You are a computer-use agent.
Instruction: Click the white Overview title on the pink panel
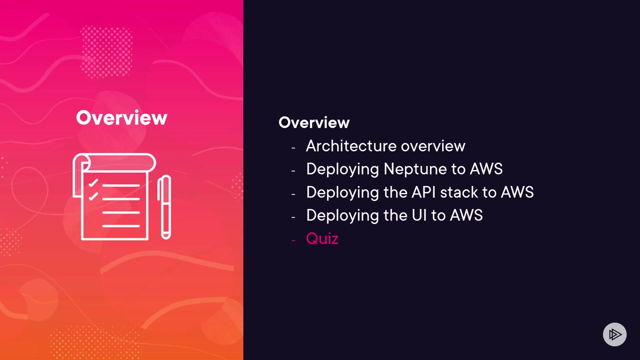click(121, 118)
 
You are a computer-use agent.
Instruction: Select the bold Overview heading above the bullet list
click(314, 122)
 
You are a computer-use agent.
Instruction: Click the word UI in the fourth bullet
click(419, 215)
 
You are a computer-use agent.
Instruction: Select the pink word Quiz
click(322, 238)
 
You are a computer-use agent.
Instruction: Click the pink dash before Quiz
click(293, 240)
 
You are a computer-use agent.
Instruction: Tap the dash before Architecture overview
click(293, 147)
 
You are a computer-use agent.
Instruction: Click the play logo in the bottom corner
click(614, 334)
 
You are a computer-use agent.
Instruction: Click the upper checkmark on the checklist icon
click(93, 184)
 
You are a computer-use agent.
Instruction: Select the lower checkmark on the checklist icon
click(93, 196)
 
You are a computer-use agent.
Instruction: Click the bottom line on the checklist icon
click(121, 226)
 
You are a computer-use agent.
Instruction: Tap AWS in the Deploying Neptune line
click(486, 169)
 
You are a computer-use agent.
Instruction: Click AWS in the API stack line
click(517, 192)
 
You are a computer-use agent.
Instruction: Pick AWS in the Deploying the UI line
click(466, 215)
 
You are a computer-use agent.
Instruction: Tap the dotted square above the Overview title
click(106, 51)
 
